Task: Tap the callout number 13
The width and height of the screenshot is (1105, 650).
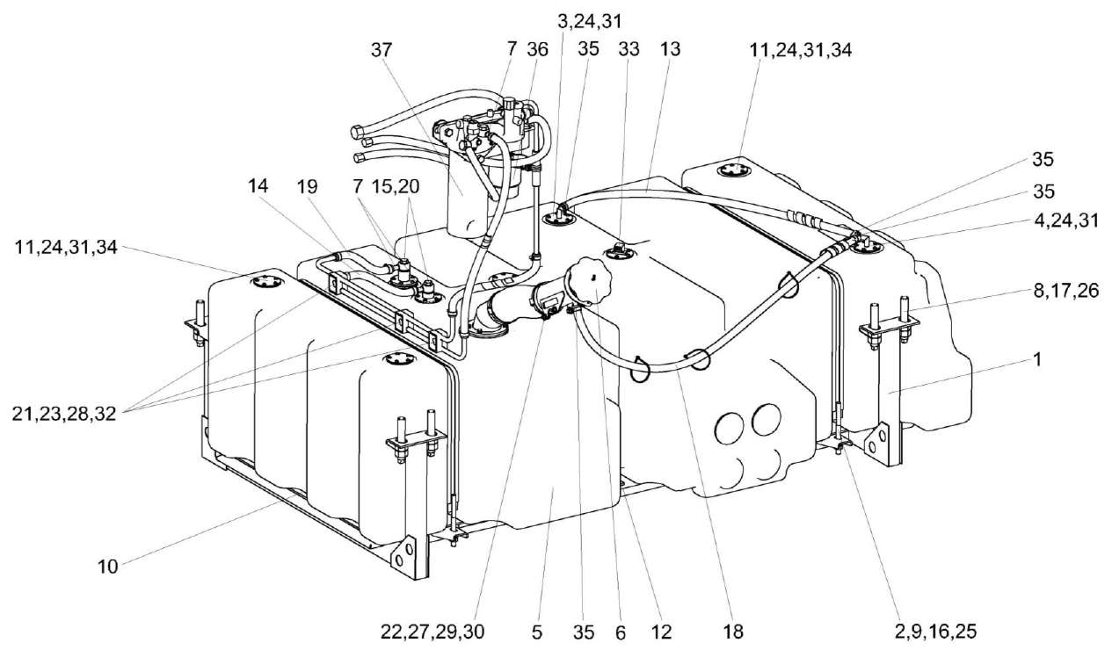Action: tap(670, 51)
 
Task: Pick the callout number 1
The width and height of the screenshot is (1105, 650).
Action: tap(1037, 359)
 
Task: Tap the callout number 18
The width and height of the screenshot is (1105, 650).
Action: tap(733, 632)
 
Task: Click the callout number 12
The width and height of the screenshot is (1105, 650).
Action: tap(662, 632)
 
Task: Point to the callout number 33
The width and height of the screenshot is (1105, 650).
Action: tap(628, 51)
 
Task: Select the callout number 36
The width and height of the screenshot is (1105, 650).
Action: tap(537, 51)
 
